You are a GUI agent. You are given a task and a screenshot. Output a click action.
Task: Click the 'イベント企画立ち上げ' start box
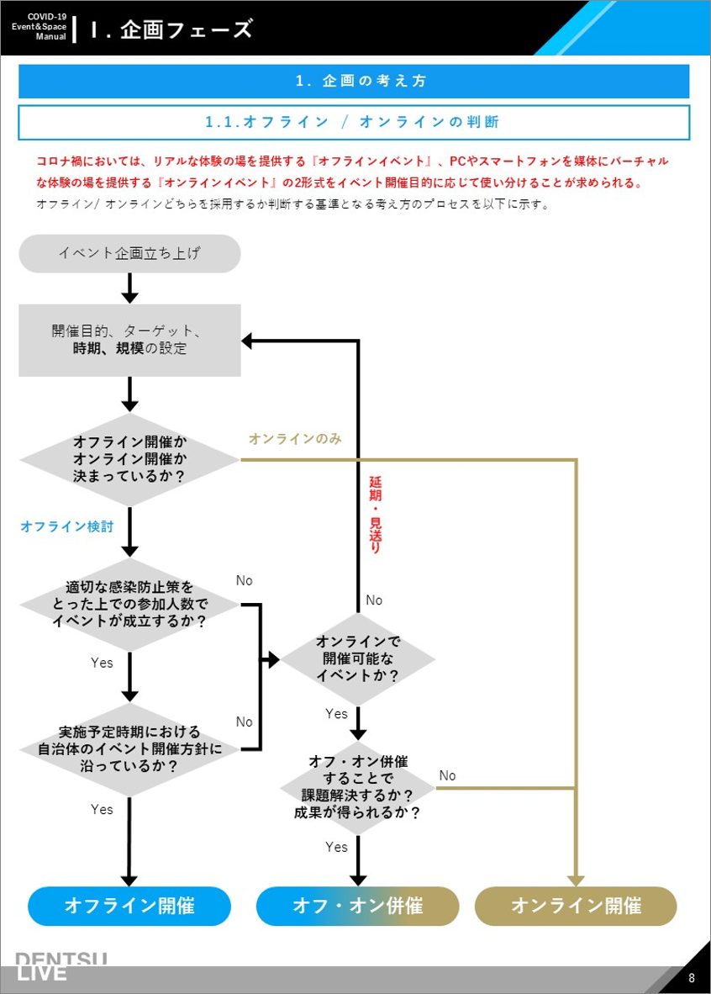pos(129,253)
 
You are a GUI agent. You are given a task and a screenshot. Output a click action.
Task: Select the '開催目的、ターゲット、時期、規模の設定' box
pos(129,340)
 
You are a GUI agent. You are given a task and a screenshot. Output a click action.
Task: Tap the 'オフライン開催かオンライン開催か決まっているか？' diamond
pos(129,459)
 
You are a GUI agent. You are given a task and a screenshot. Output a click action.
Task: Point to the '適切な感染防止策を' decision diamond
pos(129,604)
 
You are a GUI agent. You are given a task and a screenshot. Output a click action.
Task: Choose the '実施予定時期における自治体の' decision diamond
pos(129,748)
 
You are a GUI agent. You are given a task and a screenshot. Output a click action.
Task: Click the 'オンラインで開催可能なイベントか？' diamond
pos(358,658)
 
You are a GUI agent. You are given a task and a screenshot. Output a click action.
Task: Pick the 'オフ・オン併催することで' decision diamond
pos(358,788)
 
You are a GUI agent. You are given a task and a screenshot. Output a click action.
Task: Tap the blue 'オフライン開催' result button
pos(129,906)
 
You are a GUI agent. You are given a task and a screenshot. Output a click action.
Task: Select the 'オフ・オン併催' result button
pos(358,906)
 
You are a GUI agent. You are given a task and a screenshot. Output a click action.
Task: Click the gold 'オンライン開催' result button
pos(576,906)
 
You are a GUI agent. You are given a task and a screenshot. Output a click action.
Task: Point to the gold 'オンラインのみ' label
pos(295,439)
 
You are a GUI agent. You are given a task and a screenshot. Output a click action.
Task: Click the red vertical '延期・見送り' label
pos(375,515)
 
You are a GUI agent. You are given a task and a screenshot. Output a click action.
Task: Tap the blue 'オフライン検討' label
pos(67,527)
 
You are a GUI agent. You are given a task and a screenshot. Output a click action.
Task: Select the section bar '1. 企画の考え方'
pos(354,82)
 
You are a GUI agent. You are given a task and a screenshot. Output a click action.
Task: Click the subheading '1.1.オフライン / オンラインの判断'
pos(354,122)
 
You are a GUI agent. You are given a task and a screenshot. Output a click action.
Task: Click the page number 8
pos(692,978)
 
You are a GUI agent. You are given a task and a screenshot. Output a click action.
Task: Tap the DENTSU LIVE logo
pos(63,967)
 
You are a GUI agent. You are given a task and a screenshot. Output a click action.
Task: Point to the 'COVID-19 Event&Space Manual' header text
pos(39,27)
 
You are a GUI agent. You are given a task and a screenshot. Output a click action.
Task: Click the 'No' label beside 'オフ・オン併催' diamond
pos(447,775)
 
